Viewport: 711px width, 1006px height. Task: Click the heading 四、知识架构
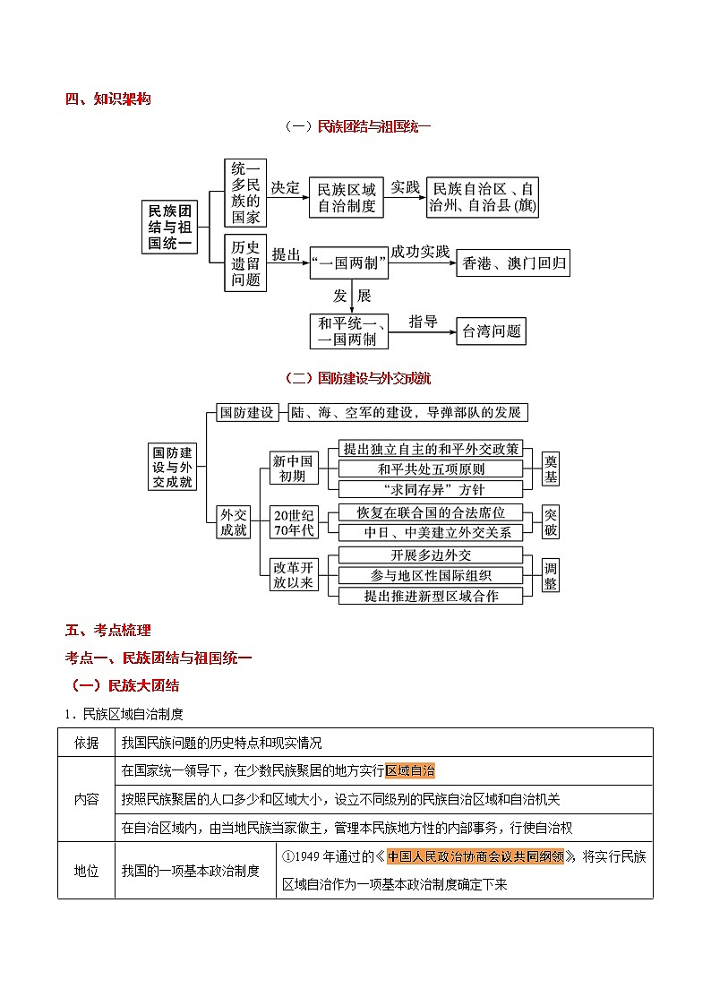coord(107,99)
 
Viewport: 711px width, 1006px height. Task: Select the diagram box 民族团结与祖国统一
coord(170,226)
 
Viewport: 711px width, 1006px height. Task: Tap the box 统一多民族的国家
coord(245,193)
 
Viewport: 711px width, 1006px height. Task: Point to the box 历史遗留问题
coord(245,263)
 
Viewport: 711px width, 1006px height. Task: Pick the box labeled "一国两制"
coord(348,262)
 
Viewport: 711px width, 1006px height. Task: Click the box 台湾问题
coord(491,331)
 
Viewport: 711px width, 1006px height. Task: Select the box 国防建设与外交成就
coord(172,466)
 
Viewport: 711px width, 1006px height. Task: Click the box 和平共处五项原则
coord(431,469)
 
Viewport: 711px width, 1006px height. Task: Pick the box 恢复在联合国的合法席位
coord(431,512)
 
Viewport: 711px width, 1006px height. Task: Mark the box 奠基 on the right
coord(551,469)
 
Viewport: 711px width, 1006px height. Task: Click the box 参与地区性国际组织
coord(431,575)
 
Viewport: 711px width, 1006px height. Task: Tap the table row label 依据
coord(87,743)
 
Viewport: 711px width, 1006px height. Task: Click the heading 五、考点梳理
coord(107,629)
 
